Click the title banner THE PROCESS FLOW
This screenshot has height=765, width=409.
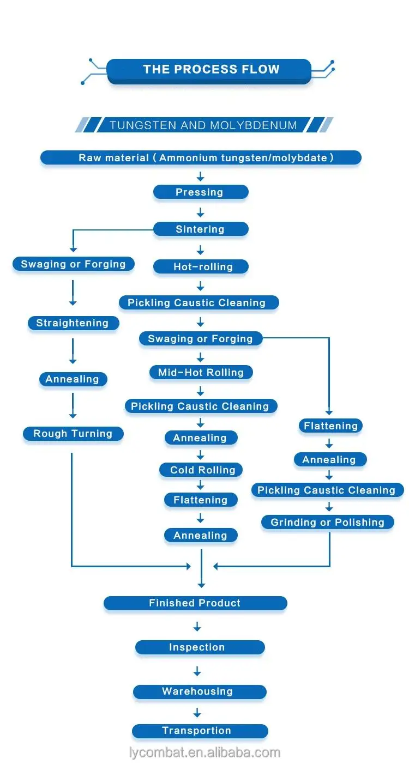(209, 71)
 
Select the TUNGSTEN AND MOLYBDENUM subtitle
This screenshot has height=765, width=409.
(203, 125)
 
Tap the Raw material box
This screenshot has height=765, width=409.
(201, 158)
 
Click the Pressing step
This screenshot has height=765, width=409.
(201, 192)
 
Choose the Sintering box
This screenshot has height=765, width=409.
(201, 229)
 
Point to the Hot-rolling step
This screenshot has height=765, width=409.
(201, 266)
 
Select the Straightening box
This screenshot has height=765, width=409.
(74, 323)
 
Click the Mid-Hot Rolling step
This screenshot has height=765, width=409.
(201, 372)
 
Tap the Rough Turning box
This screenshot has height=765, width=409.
(73, 433)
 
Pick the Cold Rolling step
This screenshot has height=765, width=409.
(201, 470)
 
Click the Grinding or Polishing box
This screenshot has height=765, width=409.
(328, 522)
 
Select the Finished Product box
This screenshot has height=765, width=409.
(195, 603)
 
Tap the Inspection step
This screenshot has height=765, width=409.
(200, 647)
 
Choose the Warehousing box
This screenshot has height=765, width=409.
(200, 691)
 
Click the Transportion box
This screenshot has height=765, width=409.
(200, 731)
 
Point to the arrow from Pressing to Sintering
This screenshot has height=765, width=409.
(201, 212)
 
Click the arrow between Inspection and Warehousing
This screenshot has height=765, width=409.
(197, 671)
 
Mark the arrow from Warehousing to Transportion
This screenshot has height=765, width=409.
(197, 712)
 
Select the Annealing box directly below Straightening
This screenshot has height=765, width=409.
(73, 379)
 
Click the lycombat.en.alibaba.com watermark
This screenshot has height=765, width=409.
(205, 752)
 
